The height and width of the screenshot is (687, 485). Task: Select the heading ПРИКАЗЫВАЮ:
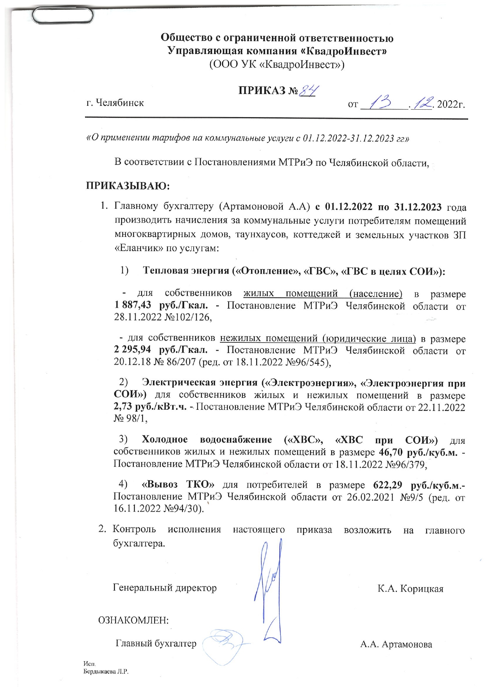click(x=128, y=185)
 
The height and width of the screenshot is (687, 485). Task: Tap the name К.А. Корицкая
click(x=410, y=589)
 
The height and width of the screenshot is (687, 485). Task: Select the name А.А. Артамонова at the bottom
click(x=396, y=644)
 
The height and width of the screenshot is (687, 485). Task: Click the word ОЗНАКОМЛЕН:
click(x=133, y=620)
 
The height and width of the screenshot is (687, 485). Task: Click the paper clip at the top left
click(x=63, y=16)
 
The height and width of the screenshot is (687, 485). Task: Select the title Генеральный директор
click(x=165, y=588)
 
